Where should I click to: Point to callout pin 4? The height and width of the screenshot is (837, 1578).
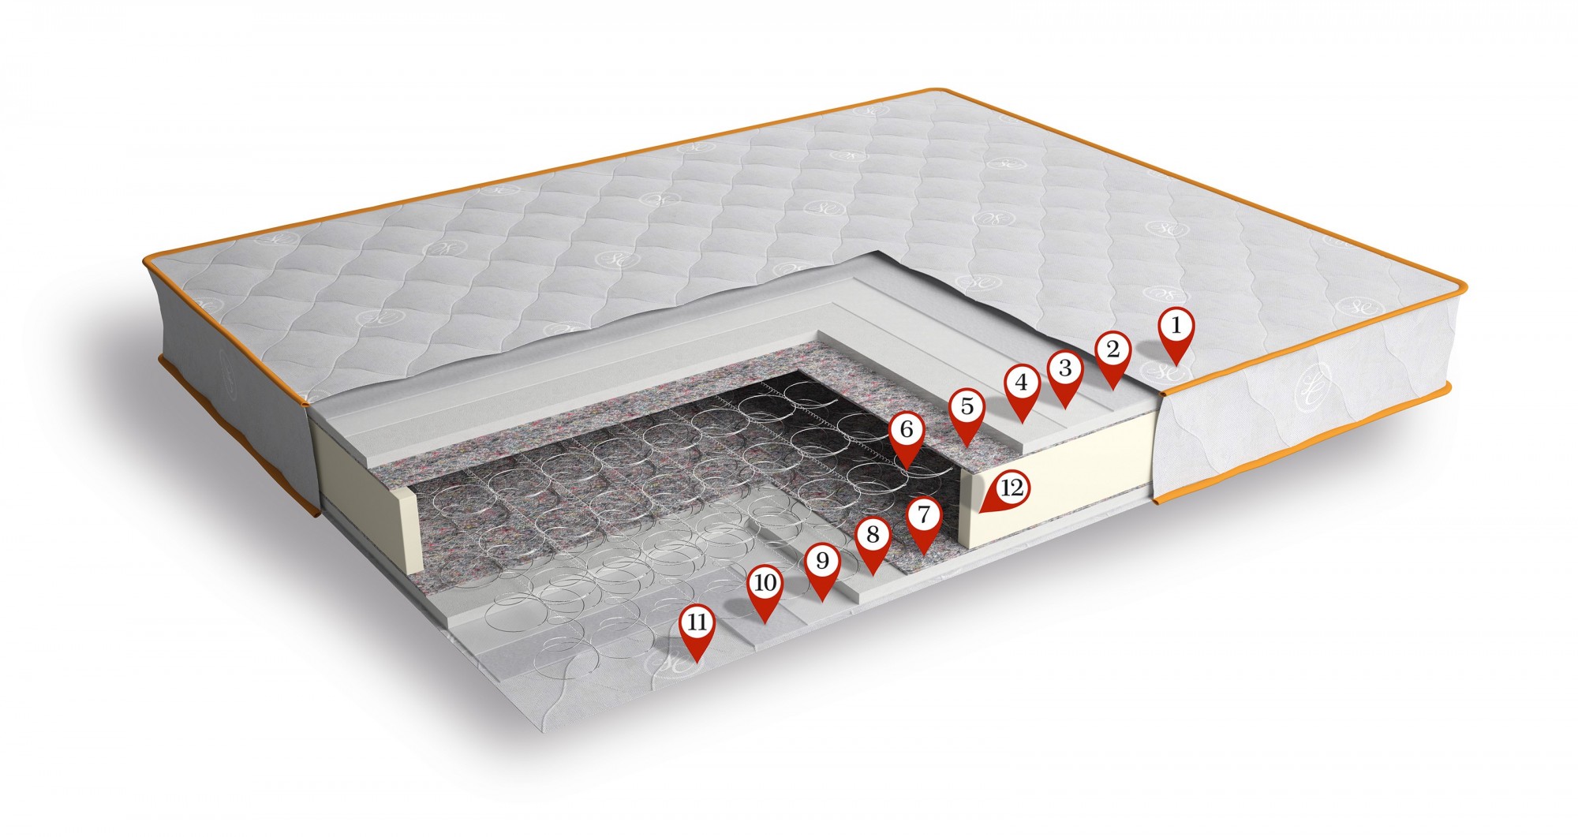point(1022,390)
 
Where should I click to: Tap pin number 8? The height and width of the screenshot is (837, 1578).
point(872,544)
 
